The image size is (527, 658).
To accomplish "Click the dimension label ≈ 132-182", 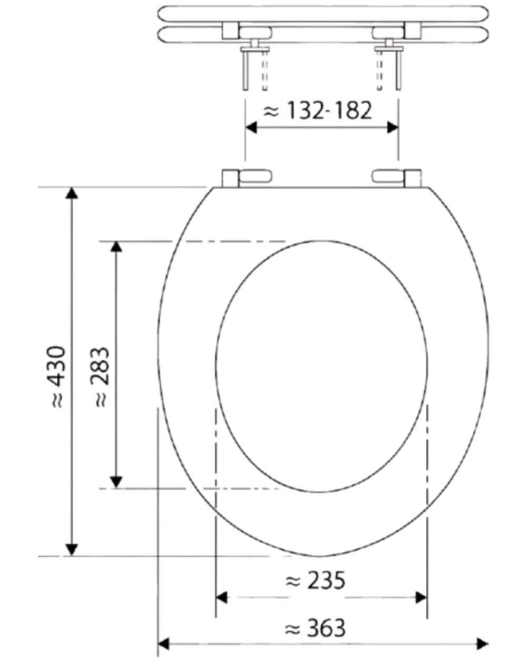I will click(318, 111).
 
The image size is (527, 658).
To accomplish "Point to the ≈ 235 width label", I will click(315, 581).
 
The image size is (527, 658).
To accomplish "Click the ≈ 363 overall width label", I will click(315, 628).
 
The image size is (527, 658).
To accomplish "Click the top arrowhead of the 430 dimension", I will click(72, 193).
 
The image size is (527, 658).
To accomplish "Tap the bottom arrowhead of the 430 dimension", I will click(72, 549).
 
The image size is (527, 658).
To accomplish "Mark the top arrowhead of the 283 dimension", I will click(116, 247).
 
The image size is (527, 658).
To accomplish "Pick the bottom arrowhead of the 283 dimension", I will click(116, 481).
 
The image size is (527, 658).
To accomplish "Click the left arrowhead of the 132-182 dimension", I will click(251, 127).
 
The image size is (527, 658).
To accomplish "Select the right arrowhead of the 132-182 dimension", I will click(393, 127).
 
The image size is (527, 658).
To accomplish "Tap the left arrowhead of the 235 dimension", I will click(222, 597).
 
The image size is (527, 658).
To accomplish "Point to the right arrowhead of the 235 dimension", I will click(421, 597).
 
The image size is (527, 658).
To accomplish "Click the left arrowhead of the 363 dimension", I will click(164, 643).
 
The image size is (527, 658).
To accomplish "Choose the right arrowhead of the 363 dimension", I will click(482, 643).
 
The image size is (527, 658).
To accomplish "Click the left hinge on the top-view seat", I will click(246, 177).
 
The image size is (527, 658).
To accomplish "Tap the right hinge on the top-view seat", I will click(397, 177).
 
